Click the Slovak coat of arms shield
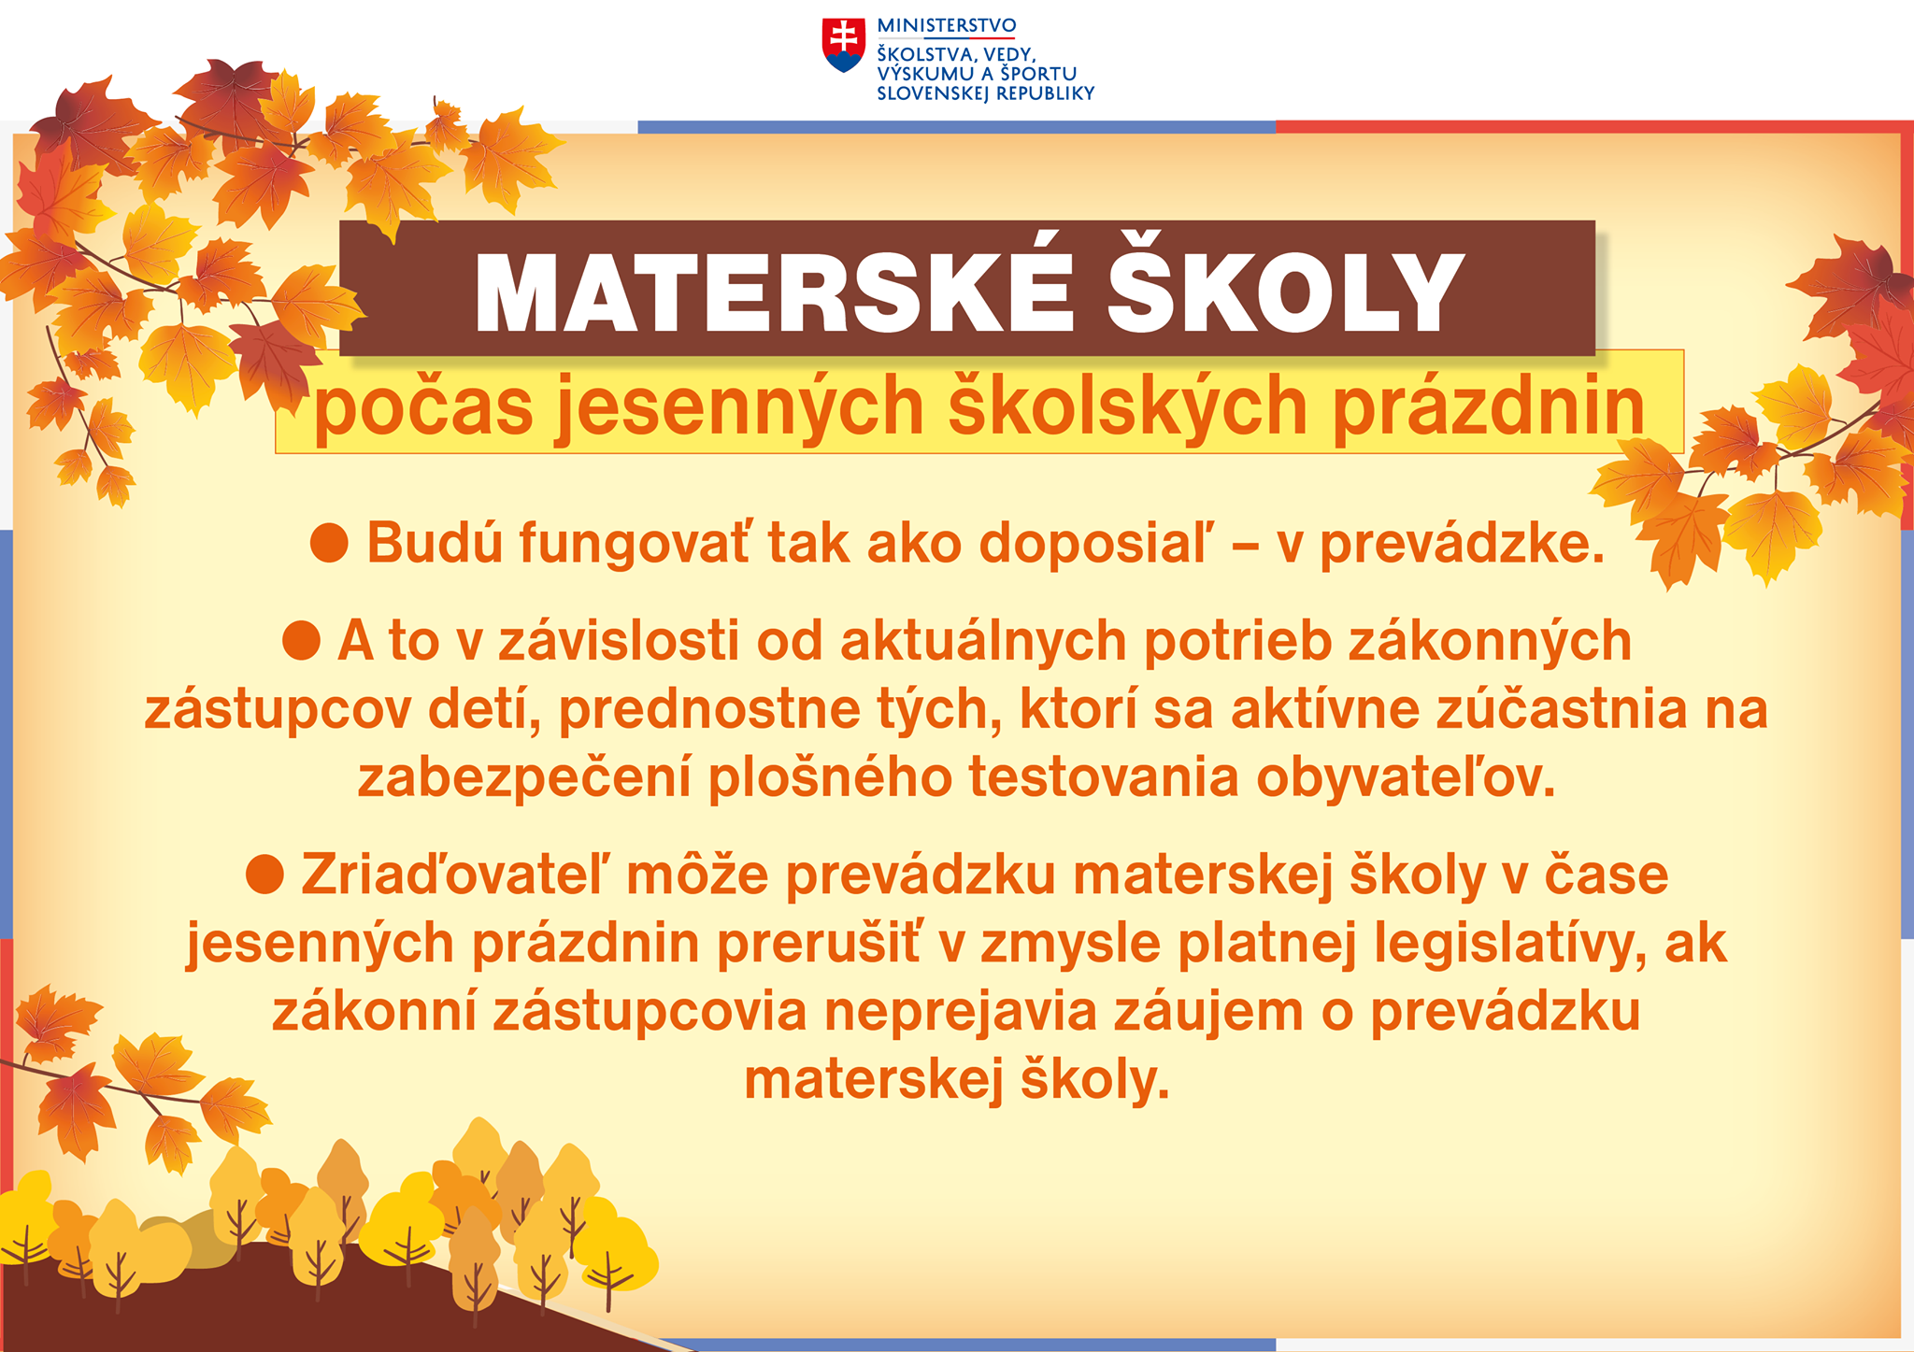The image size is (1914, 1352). tap(844, 45)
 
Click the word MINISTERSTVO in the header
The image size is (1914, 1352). tap(946, 26)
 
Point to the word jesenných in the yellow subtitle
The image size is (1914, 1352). tap(740, 408)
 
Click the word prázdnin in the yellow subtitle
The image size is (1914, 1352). tap(1488, 408)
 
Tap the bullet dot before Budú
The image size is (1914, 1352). tap(329, 543)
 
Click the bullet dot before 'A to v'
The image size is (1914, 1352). tap(301, 642)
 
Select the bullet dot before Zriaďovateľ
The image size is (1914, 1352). tap(264, 875)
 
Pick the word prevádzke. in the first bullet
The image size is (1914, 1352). tap(1462, 544)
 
